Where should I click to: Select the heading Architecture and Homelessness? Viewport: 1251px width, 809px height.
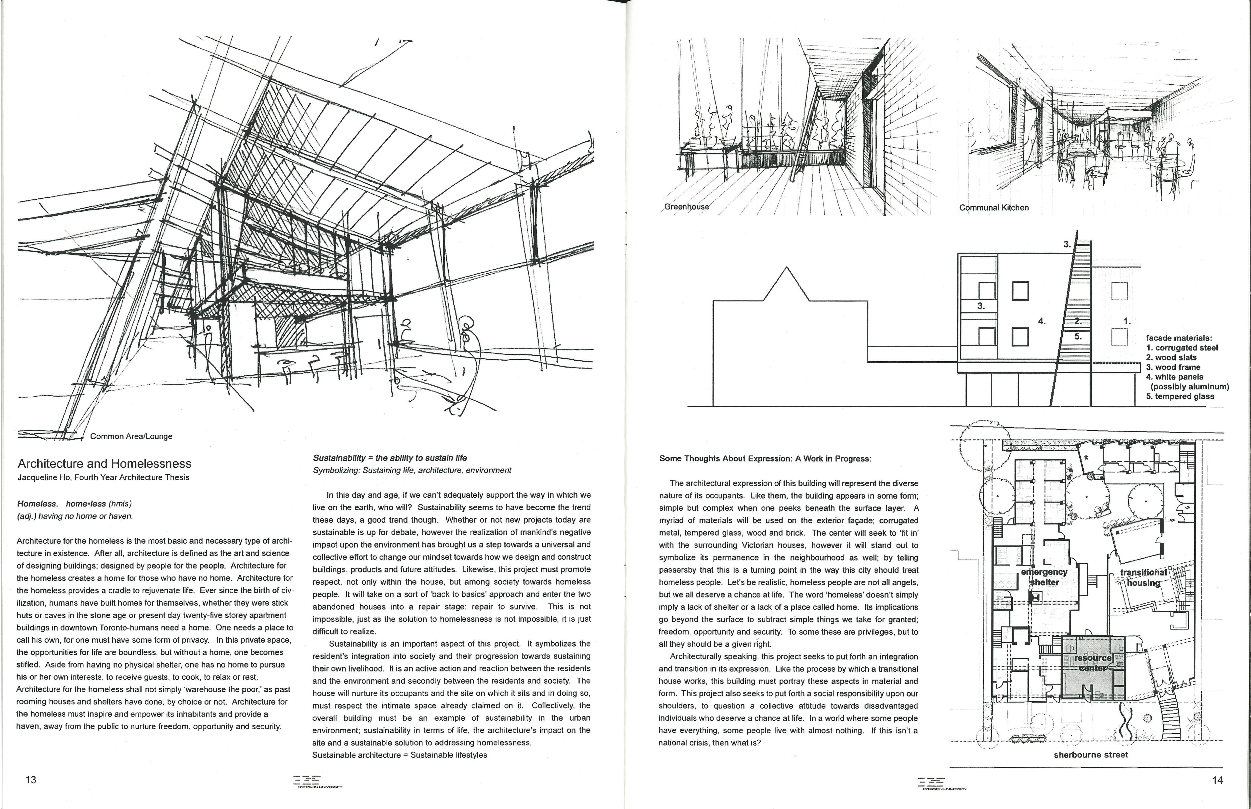tap(104, 463)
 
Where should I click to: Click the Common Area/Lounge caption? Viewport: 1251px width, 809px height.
tap(131, 436)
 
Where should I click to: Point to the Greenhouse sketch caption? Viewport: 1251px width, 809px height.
tap(687, 206)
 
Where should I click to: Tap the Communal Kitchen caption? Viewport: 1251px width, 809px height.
tap(993, 207)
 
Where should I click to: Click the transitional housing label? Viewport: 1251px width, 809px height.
tap(1143, 577)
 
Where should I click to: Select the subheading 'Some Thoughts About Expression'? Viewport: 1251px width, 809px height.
tap(765, 459)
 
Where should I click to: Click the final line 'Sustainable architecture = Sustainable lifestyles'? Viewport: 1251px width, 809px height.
tap(400, 755)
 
